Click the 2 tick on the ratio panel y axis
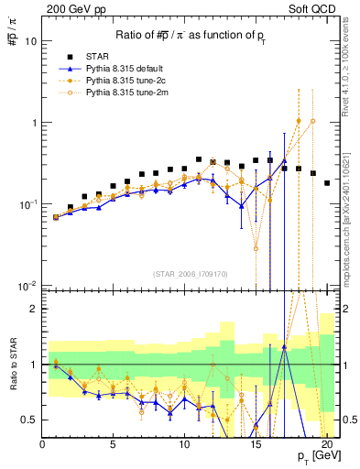coord(32,309)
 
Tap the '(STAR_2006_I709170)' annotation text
coord(191,273)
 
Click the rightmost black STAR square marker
coord(327,183)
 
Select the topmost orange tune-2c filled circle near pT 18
coord(299,120)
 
